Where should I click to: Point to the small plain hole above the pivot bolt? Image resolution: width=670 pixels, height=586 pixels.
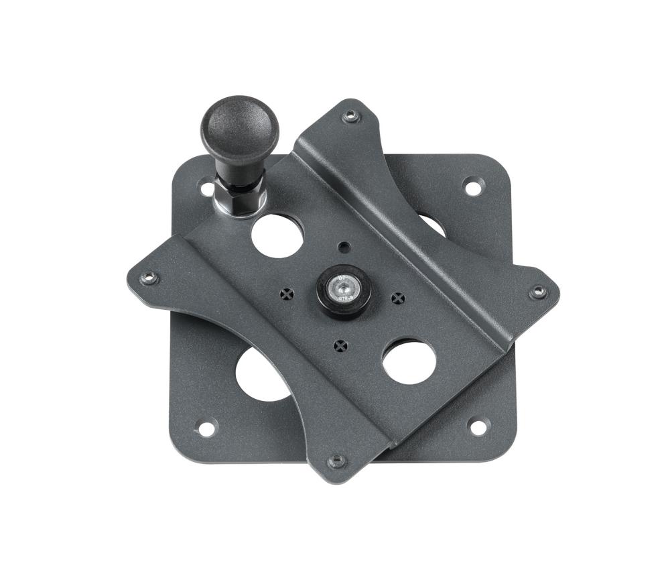click(344, 247)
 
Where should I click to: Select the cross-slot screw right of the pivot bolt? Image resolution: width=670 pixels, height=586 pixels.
click(398, 298)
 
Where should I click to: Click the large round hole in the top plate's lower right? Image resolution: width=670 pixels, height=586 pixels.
click(409, 361)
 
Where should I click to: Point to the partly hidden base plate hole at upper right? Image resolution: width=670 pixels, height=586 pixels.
click(433, 225)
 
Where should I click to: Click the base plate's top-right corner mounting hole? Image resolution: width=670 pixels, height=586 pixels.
click(473, 187)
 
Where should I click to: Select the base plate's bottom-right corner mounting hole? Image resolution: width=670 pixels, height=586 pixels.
click(478, 426)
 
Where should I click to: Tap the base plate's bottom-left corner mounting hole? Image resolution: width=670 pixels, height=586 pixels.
click(206, 428)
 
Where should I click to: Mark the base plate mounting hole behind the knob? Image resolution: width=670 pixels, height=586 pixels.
click(207, 188)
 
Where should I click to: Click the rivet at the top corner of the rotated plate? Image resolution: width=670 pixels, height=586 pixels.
click(350, 117)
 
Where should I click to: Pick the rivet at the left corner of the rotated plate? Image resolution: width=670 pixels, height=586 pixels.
click(148, 278)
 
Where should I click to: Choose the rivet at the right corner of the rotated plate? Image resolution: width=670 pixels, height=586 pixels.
click(537, 292)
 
